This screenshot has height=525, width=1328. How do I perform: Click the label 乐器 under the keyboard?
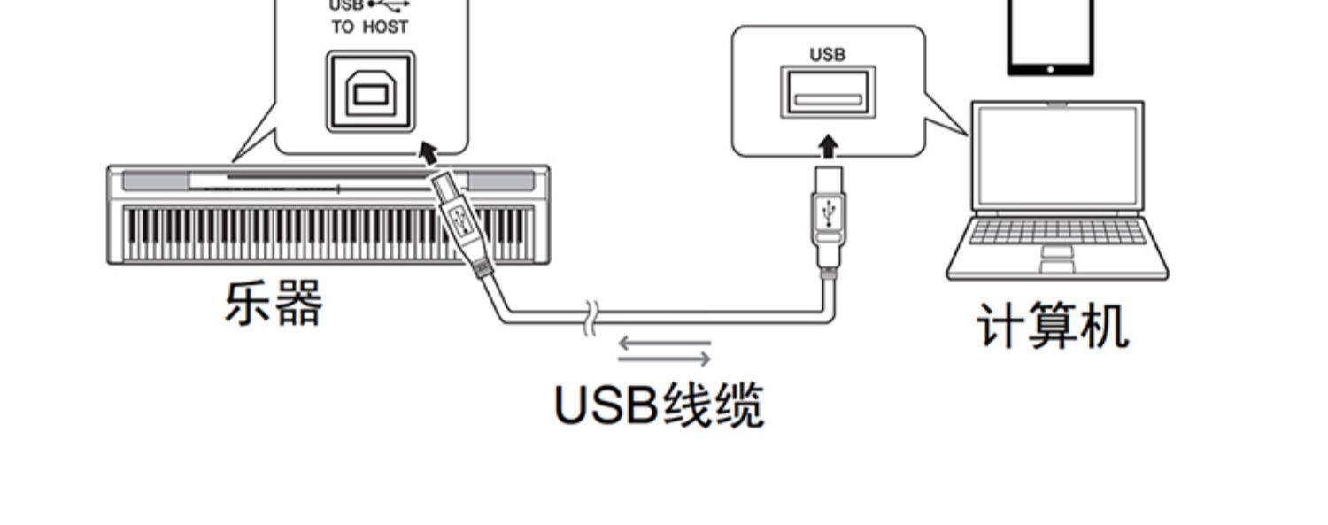pyautogui.click(x=274, y=304)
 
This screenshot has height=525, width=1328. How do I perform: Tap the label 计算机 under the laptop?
pyautogui.click(x=1053, y=326)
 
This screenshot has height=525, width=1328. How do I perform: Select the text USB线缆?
pyautogui.click(x=658, y=405)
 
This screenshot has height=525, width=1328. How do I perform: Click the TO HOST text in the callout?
pyautogui.click(x=370, y=27)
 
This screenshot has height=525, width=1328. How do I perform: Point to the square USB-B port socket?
pyautogui.click(x=370, y=92)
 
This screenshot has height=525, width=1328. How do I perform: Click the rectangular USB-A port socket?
pyautogui.click(x=828, y=92)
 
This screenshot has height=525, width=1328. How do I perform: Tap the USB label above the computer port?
pyautogui.click(x=828, y=55)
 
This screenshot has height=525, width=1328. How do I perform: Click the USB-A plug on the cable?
pyautogui.click(x=828, y=212)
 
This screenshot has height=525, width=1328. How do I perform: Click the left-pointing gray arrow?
pyautogui.click(x=664, y=341)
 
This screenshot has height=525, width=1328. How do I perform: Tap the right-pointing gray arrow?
pyautogui.click(x=664, y=359)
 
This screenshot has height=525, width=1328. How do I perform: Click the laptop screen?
pyautogui.click(x=1058, y=155)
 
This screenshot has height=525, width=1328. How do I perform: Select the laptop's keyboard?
pyautogui.click(x=1057, y=232)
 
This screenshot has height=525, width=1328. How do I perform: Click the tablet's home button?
pyautogui.click(x=1050, y=68)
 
